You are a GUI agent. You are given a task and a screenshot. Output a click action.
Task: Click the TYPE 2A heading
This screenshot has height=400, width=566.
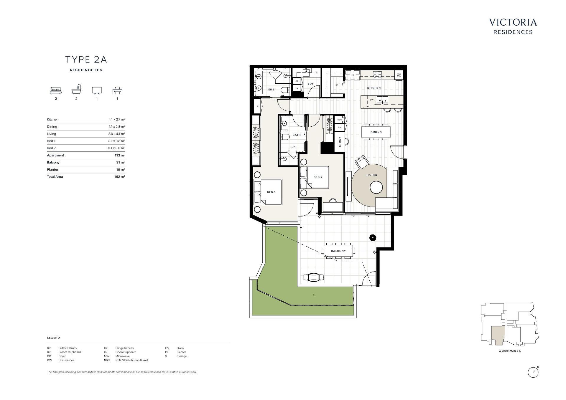86,59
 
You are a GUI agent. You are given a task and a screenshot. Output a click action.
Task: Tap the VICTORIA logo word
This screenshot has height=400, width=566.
513,22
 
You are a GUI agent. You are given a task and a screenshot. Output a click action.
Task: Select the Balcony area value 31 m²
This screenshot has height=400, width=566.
121,162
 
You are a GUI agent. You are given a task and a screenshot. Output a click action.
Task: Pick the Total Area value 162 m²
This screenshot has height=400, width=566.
120,177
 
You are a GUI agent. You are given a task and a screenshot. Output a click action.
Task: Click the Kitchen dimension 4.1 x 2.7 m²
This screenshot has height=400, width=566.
117,119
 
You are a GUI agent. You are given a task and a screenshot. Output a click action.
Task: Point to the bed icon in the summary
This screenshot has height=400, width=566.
56,90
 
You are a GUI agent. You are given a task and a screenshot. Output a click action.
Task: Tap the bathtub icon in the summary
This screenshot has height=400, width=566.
76,90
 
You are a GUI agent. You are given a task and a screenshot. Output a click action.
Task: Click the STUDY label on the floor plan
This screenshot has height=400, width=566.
340,142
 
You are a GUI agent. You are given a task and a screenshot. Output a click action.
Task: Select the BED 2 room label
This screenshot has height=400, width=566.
318,177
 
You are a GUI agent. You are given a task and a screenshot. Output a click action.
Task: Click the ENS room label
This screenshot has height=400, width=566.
271,90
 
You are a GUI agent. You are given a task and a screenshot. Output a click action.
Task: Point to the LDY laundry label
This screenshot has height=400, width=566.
311,84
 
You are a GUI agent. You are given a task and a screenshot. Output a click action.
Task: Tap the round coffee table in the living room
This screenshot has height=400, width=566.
376,187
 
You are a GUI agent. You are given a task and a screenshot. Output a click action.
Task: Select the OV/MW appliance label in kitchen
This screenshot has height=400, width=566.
399,75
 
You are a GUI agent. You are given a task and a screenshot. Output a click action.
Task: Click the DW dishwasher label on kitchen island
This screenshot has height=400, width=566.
372,100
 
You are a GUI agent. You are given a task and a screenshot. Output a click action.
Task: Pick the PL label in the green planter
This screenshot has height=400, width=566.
314,295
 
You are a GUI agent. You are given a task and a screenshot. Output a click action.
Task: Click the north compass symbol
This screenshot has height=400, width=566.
533,372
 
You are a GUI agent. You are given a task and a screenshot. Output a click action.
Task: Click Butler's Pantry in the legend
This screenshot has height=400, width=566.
68,348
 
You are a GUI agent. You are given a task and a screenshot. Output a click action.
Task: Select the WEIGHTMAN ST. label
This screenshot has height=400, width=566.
510,351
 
